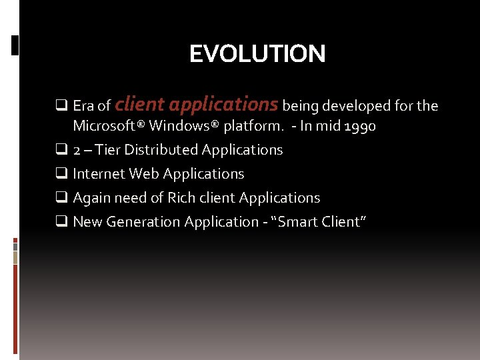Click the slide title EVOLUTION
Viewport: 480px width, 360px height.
pyautogui.click(x=257, y=54)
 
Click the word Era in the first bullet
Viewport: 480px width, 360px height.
pyautogui.click(x=84, y=106)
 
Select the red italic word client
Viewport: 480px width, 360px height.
pyautogui.click(x=140, y=105)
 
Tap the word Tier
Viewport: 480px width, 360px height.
pyautogui.click(x=109, y=150)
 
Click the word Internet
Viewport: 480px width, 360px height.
pyautogui.click(x=99, y=174)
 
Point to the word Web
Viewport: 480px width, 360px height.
pyautogui.click(x=144, y=174)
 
